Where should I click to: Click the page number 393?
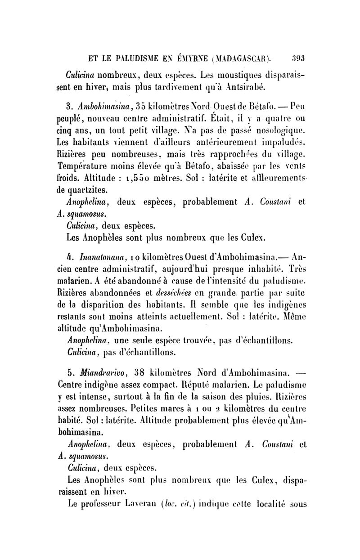pyautogui.click(x=298, y=58)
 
